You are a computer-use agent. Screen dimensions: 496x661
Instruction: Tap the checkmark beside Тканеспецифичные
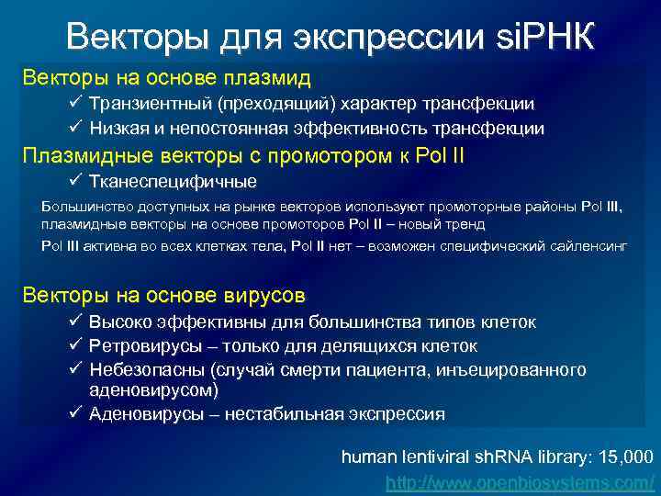point(76,180)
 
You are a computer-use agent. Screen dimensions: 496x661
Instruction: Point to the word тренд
point(464,223)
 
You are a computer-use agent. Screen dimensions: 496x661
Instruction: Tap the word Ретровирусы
point(141,346)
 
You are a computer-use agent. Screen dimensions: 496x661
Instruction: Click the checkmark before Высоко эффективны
point(76,321)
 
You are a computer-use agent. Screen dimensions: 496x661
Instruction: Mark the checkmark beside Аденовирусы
point(76,413)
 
